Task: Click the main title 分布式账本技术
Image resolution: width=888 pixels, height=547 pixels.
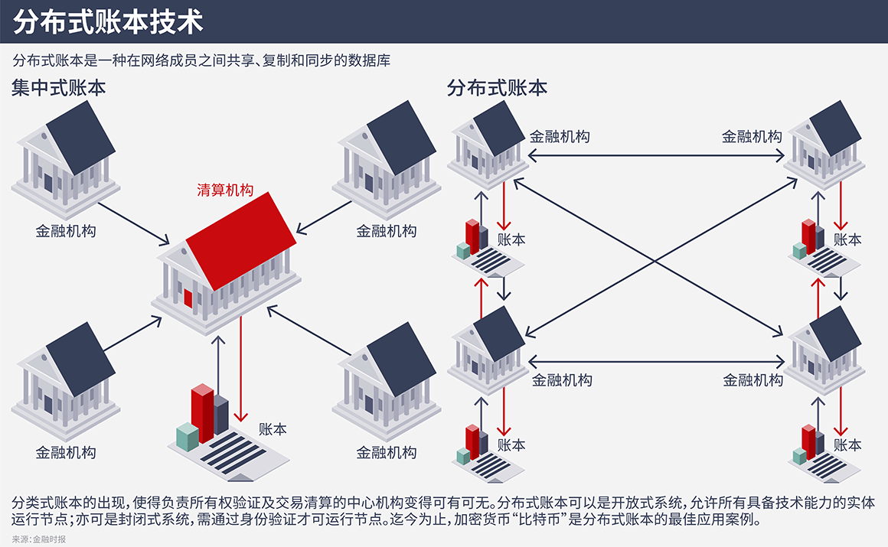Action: coord(108,22)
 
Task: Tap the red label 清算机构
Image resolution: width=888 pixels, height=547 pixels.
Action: coord(225,190)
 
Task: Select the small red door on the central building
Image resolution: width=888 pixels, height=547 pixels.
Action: coord(188,298)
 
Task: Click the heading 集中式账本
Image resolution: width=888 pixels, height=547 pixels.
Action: coord(58,88)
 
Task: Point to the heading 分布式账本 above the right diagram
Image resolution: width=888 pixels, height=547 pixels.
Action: coord(497,88)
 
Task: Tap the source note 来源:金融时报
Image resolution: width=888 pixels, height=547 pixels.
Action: coord(39,539)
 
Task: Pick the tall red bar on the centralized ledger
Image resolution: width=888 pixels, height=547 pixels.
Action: coord(203,413)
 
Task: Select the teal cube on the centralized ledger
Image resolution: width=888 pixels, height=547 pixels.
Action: coord(188,436)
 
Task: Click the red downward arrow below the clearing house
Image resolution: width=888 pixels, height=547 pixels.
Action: coord(241,367)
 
